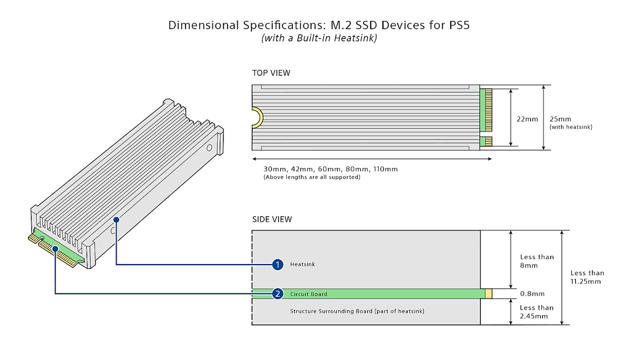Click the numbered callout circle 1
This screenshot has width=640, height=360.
coord(278,264)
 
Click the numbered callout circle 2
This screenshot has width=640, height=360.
coord(278,294)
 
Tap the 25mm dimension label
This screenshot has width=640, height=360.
coord(560,119)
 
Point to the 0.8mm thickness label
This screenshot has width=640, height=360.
coord(532,294)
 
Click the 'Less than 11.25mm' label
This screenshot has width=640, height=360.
coord(587,277)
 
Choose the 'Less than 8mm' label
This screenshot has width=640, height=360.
coord(537,261)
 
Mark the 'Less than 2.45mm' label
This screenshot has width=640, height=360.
coord(537,312)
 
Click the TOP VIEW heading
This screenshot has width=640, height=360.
coord(271,73)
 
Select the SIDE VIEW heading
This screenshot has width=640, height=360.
coord(272,219)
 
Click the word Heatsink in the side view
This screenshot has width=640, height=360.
coord(302,264)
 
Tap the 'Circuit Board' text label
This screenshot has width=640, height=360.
coord(308,294)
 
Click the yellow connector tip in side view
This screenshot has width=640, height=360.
coord(489,294)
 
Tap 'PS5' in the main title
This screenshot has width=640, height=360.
coord(457,25)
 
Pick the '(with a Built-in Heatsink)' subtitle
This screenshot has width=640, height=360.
coord(319,38)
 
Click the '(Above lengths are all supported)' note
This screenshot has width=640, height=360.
coord(312,177)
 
